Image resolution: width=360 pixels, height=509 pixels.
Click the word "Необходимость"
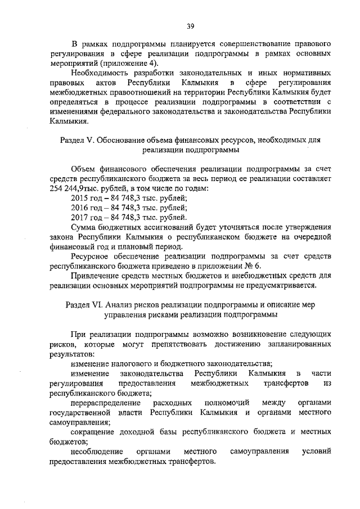[x=102, y=73]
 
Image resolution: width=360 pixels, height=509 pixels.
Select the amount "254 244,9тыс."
[x=75, y=188]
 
